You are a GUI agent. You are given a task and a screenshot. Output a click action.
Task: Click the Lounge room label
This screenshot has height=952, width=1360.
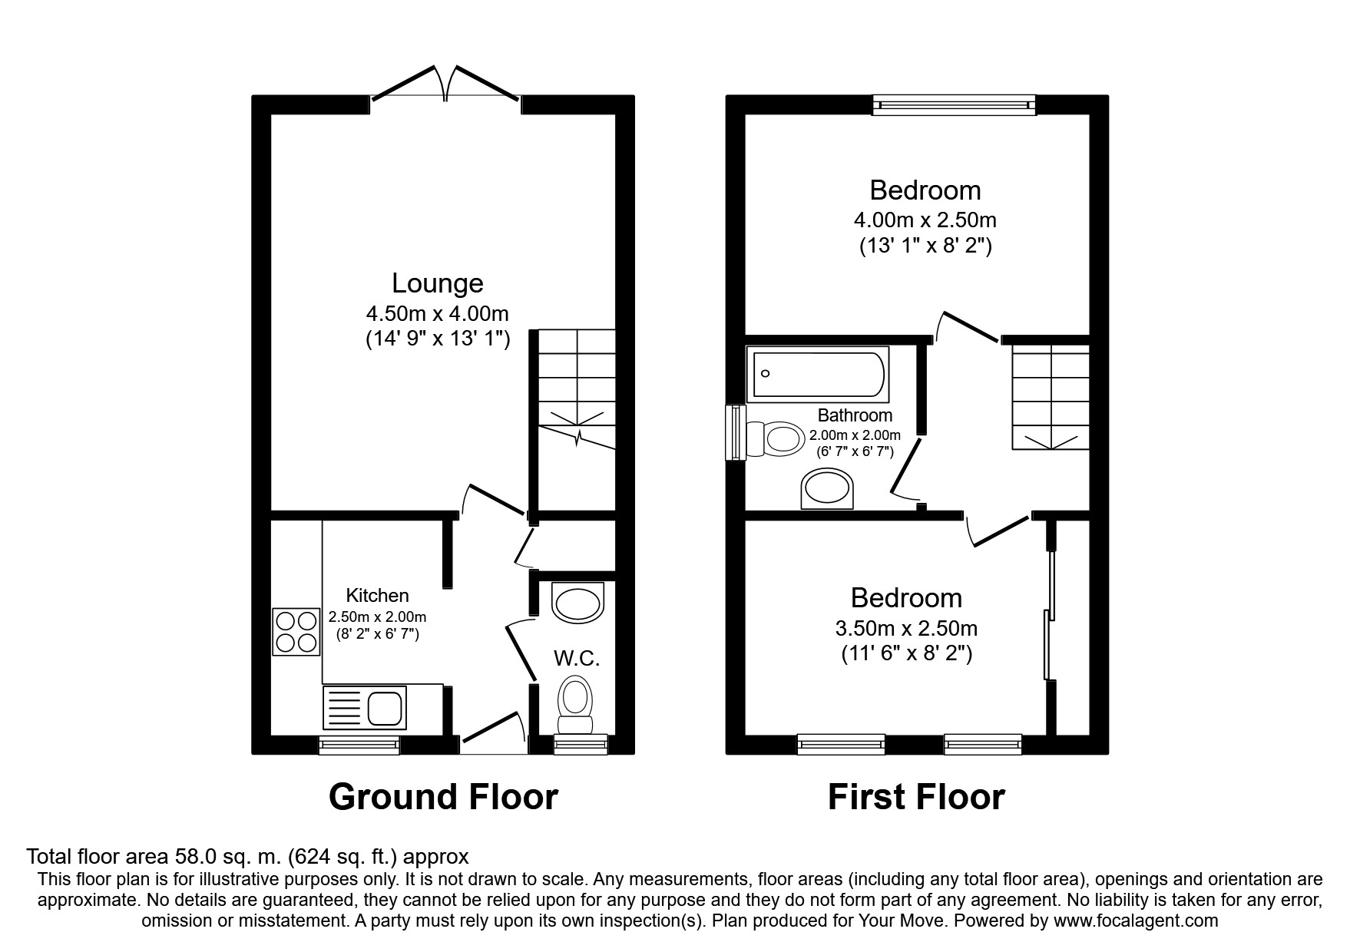(x=438, y=283)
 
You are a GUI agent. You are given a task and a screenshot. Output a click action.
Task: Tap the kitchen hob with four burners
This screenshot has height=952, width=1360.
(x=296, y=632)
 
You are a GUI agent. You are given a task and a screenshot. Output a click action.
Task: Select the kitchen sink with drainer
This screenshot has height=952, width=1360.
(x=366, y=707)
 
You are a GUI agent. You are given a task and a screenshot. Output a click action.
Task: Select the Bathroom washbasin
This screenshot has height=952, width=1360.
(x=827, y=489)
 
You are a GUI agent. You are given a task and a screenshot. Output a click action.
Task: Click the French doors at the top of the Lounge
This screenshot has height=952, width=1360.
(x=445, y=83)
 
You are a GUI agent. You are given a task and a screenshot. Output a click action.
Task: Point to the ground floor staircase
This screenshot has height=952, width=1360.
(x=576, y=389)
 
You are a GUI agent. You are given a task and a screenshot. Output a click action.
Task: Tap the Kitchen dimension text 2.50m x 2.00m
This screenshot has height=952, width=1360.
(x=377, y=616)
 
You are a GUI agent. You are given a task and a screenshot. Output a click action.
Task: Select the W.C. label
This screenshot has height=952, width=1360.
(x=577, y=658)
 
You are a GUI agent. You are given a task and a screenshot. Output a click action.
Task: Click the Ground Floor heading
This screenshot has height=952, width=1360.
(x=443, y=797)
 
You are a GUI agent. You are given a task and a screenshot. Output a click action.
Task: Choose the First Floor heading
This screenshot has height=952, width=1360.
(x=916, y=797)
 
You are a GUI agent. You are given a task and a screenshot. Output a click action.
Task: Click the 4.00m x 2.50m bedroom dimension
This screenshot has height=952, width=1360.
(x=925, y=220)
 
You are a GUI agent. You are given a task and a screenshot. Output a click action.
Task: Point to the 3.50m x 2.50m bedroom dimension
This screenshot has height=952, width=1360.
(x=906, y=629)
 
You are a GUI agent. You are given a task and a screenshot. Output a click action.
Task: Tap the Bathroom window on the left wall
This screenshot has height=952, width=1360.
(x=736, y=433)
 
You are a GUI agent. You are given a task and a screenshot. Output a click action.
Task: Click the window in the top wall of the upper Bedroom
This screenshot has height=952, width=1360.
(x=954, y=104)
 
